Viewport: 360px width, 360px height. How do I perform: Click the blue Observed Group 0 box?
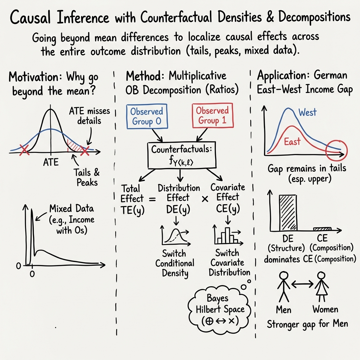point(146,117)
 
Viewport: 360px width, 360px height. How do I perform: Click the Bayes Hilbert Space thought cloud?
point(218,309)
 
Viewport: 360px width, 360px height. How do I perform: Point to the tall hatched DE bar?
point(288,212)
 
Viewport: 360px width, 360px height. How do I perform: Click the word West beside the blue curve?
point(307,112)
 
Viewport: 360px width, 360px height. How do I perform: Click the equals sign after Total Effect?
point(152,199)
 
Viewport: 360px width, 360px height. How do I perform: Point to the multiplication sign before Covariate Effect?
point(205,199)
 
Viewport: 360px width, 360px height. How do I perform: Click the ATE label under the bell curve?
point(51,163)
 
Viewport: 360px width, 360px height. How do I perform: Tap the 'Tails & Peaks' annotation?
point(86,177)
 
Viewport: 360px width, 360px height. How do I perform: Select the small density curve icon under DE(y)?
point(175,236)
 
